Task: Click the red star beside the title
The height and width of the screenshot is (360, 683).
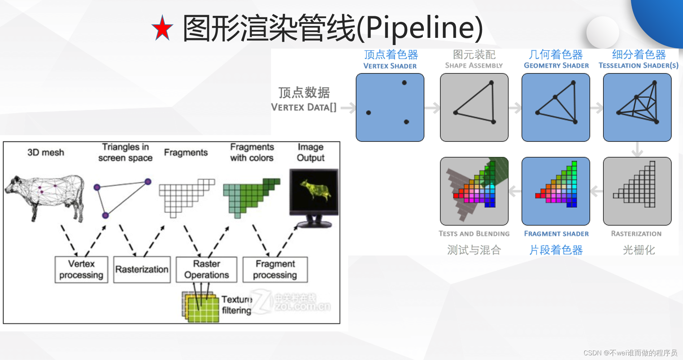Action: pos(162,28)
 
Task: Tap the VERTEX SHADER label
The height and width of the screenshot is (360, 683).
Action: pos(390,66)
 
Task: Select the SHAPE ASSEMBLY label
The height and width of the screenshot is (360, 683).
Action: pos(474,66)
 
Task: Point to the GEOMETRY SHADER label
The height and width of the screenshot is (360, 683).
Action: pos(556,66)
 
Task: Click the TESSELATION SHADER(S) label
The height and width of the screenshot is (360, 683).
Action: pos(638,66)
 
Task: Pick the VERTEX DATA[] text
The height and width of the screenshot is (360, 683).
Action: pos(303,107)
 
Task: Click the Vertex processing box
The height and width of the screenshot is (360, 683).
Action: pos(81,270)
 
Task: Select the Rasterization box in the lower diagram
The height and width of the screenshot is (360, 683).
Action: pos(142,270)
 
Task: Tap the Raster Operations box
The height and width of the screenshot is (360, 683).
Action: pos(207,270)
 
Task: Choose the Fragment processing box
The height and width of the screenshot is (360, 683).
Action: pos(275,270)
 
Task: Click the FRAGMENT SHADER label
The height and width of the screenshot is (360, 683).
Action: pos(556,234)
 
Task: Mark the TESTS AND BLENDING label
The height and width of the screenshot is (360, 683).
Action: pos(474,234)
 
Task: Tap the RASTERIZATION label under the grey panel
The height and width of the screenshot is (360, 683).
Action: pos(636,234)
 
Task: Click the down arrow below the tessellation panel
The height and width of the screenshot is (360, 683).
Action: pos(637,149)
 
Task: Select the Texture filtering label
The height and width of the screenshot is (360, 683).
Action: pos(236,305)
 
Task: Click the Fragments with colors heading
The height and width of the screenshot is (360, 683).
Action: pos(252,152)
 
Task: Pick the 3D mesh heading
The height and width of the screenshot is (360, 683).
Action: pos(46,152)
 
